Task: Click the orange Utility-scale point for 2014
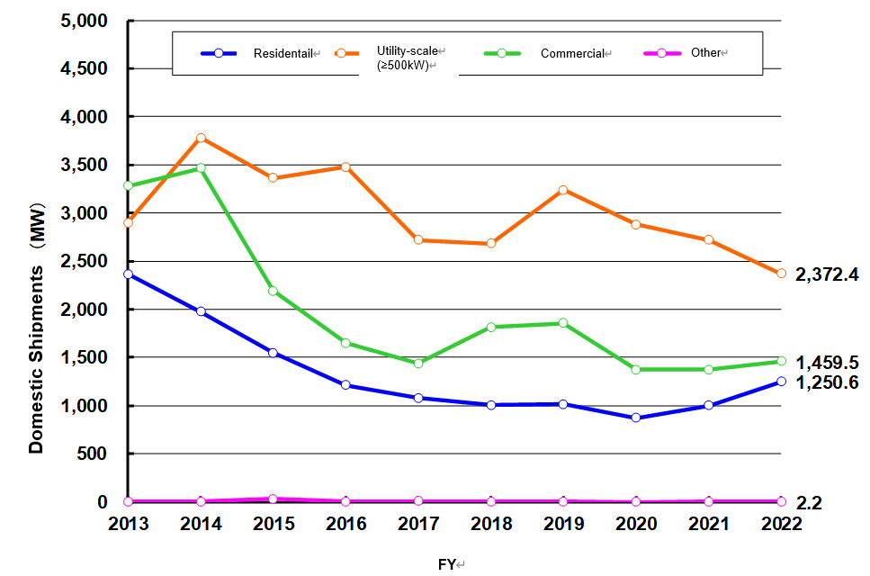[201, 138]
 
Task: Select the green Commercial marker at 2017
[418, 363]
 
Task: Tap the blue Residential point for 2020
[636, 418]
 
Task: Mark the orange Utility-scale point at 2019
[563, 190]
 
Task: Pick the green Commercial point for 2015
[273, 291]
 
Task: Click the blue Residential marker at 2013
[129, 274]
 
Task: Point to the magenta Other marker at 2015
[273, 499]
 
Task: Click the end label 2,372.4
[827, 274]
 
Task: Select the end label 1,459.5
[827, 363]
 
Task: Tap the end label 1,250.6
[827, 382]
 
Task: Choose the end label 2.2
[809, 503]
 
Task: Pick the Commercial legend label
[571, 54]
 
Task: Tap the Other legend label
[705, 53]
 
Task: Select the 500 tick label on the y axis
[93, 454]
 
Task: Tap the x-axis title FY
[447, 564]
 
